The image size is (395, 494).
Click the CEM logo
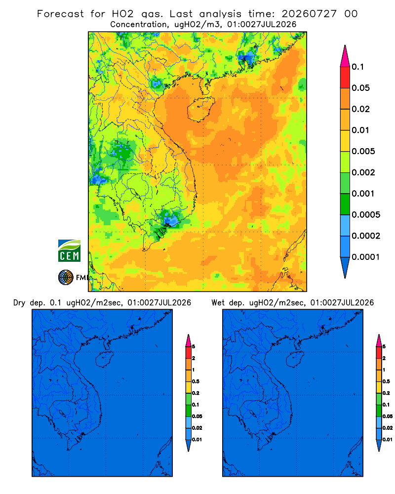[69, 250]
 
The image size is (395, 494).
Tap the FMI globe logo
[66, 277]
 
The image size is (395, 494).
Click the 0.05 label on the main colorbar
[360, 88]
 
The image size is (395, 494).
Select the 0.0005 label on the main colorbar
[366, 214]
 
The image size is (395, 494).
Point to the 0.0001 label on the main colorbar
[366, 257]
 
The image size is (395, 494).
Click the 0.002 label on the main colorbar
[363, 172]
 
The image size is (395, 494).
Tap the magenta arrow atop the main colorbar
[345, 56]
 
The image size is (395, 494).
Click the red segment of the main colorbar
[345, 78]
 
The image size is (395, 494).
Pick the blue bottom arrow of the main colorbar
[345, 267]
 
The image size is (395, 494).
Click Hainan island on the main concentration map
[200, 109]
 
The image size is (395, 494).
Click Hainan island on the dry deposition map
[103, 359]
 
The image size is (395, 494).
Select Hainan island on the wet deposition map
[294, 359]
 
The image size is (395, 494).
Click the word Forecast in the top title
[60, 14]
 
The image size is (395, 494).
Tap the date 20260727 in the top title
[309, 14]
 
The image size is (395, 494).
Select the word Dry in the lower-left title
[19, 303]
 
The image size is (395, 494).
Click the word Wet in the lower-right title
[218, 303]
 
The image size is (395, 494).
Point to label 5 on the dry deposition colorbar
[194, 347]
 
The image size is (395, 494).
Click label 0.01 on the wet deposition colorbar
[388, 440]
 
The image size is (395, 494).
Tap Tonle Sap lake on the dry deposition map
[62, 413]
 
